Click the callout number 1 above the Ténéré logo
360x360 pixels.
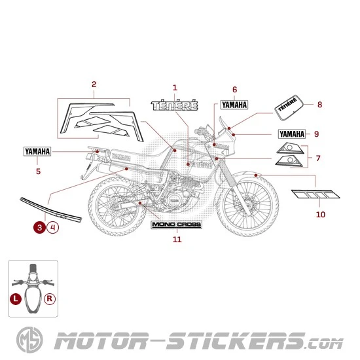point(175,87)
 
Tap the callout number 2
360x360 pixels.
point(94,84)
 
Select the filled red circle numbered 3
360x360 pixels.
point(41,227)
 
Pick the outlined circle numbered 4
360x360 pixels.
point(53,227)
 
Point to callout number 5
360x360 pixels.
point(38,171)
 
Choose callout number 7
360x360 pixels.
point(318,158)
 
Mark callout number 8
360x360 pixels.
point(319,105)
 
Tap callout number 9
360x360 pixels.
point(316,134)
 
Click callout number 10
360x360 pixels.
point(320,214)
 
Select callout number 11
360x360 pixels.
point(177,240)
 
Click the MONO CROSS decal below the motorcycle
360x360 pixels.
point(177,225)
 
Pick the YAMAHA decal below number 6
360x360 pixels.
point(234,105)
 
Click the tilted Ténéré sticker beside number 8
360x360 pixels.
point(288,107)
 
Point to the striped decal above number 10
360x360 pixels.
point(316,194)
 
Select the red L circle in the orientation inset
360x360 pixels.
point(16,298)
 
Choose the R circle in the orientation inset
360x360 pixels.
point(50,298)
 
